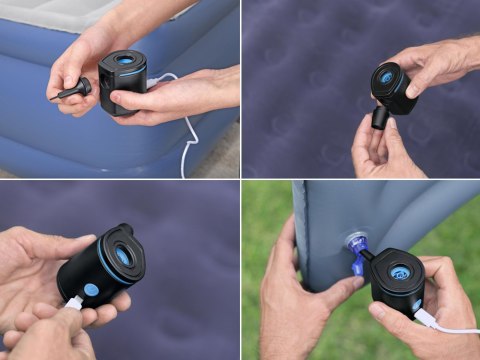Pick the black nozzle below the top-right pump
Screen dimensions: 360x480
[381, 117]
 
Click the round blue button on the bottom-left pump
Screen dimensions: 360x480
[91, 291]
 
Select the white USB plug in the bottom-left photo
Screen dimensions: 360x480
[73, 302]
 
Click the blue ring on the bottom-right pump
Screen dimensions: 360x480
[400, 272]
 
